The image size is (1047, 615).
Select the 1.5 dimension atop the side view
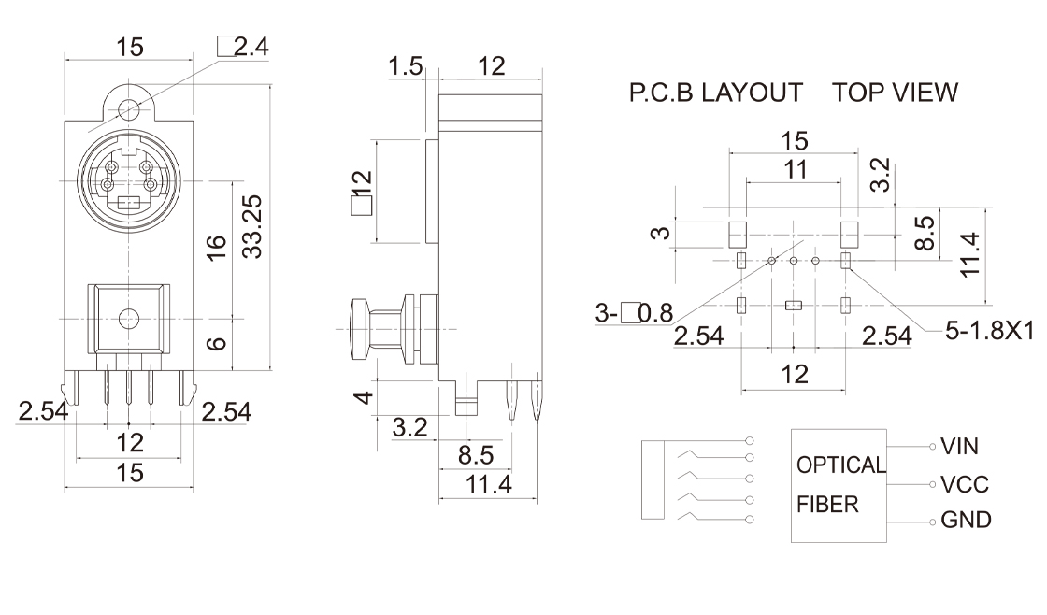(406, 66)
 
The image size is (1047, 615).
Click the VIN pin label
(959, 447)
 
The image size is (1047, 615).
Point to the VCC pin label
(964, 484)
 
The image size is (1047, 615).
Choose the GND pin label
(966, 521)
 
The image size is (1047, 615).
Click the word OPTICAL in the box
(840, 465)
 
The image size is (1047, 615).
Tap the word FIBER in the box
(827, 506)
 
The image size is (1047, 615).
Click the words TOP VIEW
(896, 93)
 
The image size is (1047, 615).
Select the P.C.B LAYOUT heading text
(715, 93)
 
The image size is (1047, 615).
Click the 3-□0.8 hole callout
(633, 313)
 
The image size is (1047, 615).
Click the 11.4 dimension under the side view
(489, 485)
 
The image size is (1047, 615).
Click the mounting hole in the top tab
(129, 108)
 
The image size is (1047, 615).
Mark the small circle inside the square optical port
(129, 319)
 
